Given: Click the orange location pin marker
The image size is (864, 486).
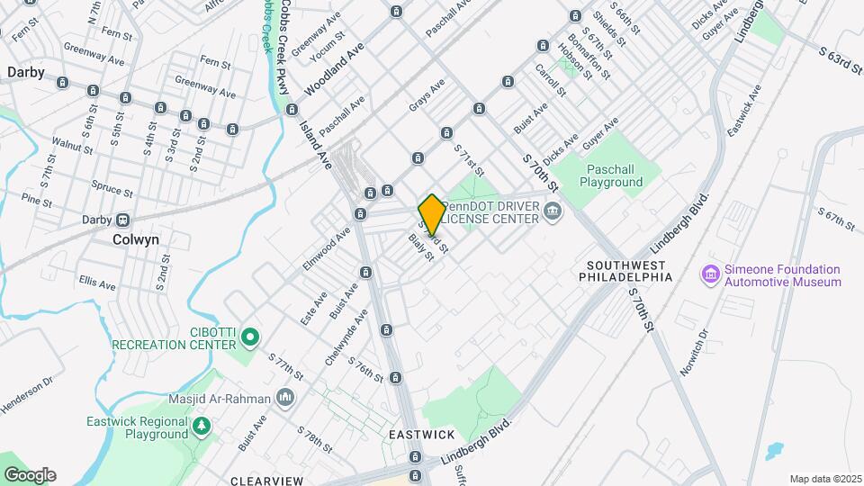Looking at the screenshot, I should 432,214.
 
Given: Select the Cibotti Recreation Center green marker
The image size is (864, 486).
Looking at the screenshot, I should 251,338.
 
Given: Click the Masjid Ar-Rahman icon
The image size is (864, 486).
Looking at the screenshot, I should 286,397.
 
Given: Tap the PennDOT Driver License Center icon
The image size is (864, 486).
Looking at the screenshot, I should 552,212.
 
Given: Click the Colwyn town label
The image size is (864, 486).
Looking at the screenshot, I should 136,240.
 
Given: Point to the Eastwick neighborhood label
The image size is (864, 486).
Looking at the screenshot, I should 422,435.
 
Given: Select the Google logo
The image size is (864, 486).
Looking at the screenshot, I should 30,475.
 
